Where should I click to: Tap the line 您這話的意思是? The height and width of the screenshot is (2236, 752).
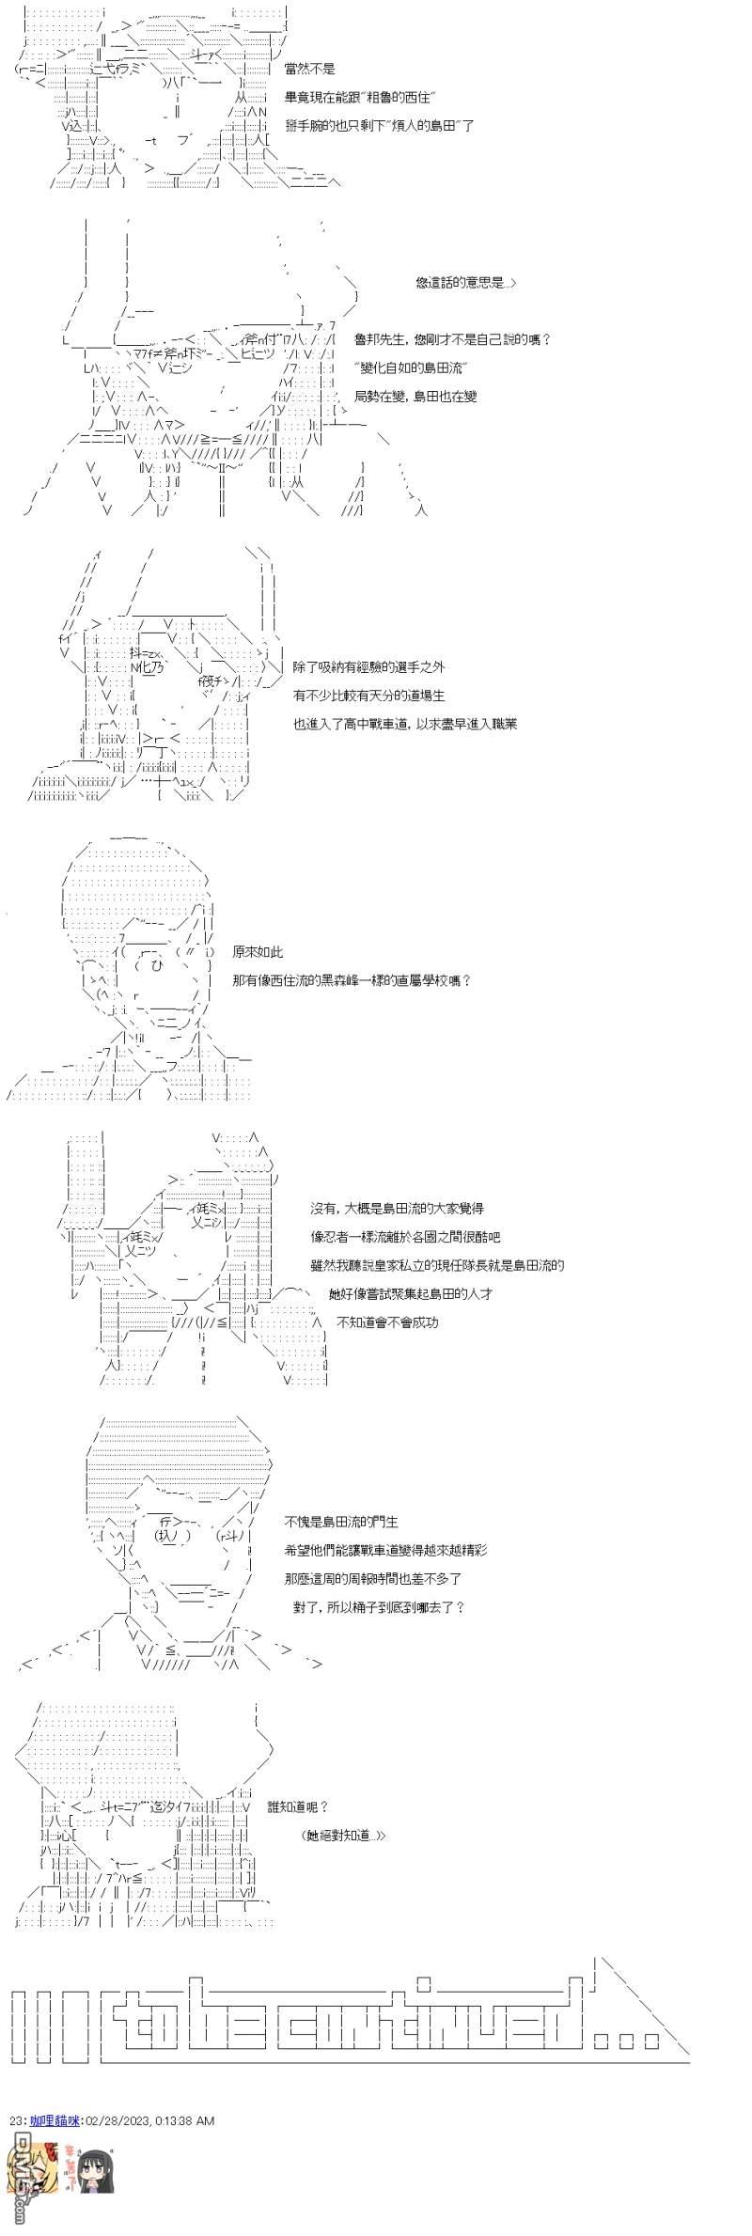coord(464,283)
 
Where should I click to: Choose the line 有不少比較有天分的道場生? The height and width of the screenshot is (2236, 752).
coord(368,695)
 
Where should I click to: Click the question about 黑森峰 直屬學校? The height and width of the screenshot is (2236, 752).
coord(351,980)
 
